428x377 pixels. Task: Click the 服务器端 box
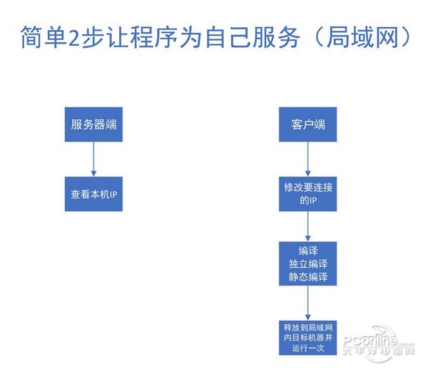[x=93, y=124]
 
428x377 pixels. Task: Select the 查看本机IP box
[x=93, y=194]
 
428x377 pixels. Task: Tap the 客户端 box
[x=307, y=124]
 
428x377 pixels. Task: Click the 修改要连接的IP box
[x=307, y=194]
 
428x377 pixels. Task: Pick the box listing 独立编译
[x=307, y=263]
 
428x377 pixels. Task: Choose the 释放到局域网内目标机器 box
[x=307, y=338]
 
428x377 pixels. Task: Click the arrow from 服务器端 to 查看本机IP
[x=93, y=159]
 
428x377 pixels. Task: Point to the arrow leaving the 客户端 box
[x=308, y=159]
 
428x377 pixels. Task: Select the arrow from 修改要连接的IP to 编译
[x=308, y=226]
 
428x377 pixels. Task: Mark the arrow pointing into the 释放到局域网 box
[x=308, y=303]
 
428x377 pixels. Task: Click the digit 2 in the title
[x=73, y=38]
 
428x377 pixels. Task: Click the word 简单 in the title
[x=43, y=37]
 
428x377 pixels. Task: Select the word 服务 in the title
[x=276, y=37]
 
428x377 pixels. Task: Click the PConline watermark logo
[x=379, y=343]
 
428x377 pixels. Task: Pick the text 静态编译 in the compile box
[x=308, y=277]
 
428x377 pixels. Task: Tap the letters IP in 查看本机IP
[x=113, y=194]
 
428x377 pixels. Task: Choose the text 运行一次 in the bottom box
[x=308, y=348]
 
